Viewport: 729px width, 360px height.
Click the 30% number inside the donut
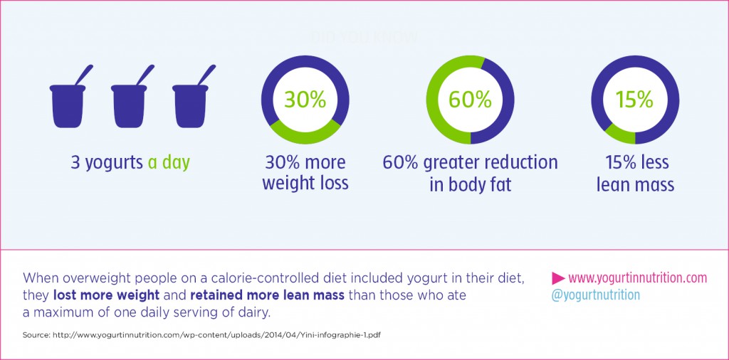tap(305, 99)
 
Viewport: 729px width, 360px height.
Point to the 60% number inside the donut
tap(470, 99)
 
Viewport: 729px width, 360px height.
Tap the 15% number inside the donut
tap(635, 99)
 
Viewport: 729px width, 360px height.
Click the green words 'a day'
tap(169, 162)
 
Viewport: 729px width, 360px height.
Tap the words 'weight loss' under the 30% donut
tap(305, 183)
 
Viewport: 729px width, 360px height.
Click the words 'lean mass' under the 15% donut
tap(635, 185)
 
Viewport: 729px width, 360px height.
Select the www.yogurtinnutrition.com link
tap(638, 277)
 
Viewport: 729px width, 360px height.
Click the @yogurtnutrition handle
tap(595, 295)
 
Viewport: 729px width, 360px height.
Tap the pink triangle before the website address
tap(559, 277)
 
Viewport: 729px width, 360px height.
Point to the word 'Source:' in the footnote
tap(39, 334)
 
